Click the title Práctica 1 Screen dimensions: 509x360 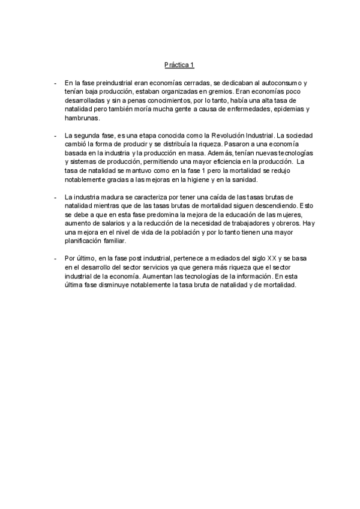[179, 64]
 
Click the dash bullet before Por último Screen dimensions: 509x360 [55, 259]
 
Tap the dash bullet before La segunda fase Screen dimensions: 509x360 [55, 136]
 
